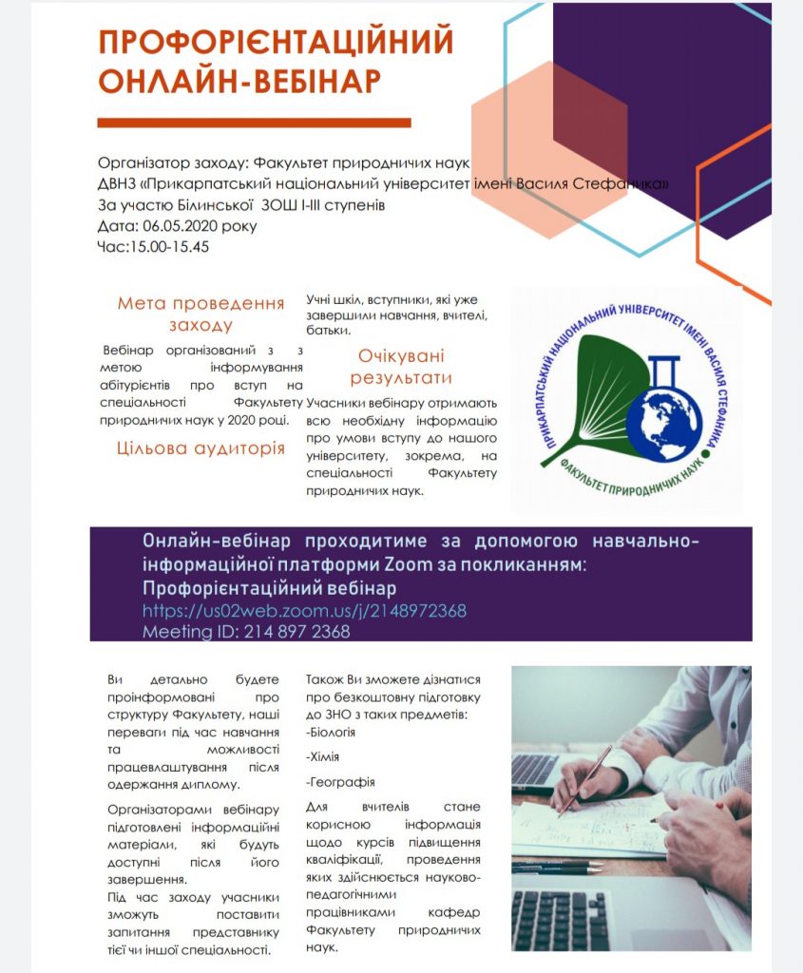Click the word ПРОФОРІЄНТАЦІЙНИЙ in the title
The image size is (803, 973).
click(x=276, y=43)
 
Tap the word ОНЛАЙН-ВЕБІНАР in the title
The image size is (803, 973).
click(x=239, y=82)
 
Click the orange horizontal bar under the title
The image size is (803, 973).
click(x=254, y=123)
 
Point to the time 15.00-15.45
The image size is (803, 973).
click(x=169, y=246)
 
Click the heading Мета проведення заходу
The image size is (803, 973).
click(x=201, y=314)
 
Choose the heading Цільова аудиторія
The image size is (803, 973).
click(x=201, y=448)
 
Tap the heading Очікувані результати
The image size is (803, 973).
click(x=400, y=367)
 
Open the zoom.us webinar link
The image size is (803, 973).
click(x=304, y=610)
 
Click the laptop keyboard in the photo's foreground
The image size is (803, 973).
click(x=561, y=918)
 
